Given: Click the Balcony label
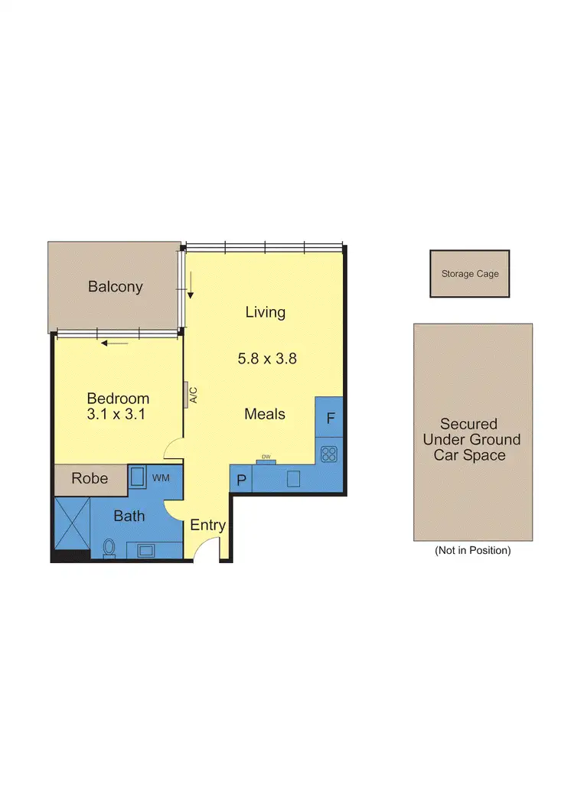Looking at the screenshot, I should pyautogui.click(x=116, y=287).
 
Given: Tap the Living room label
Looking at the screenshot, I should pyautogui.click(x=265, y=312).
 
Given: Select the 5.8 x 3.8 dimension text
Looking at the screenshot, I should pyautogui.click(x=266, y=357).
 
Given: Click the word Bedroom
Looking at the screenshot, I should pyautogui.click(x=118, y=399).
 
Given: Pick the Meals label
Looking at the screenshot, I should pyautogui.click(x=265, y=414).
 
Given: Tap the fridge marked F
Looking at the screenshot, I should pyautogui.click(x=330, y=419).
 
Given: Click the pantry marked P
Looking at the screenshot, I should pyautogui.click(x=241, y=480).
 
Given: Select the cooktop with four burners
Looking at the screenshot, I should pyautogui.click(x=329, y=454).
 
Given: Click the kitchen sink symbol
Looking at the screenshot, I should pyautogui.click(x=292, y=479).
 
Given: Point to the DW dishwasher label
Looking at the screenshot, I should pyautogui.click(x=266, y=458).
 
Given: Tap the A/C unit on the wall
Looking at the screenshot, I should pyautogui.click(x=188, y=394).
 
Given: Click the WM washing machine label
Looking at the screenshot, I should pyautogui.click(x=161, y=478).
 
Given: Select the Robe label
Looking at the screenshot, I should pyautogui.click(x=90, y=479).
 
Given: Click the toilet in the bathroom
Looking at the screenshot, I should pyautogui.click(x=109, y=548).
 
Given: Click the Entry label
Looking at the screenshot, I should pyautogui.click(x=207, y=525).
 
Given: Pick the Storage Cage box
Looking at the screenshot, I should pyautogui.click(x=469, y=273).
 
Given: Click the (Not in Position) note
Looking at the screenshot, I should pyautogui.click(x=472, y=550).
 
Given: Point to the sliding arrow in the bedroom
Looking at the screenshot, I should pyautogui.click(x=116, y=343).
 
